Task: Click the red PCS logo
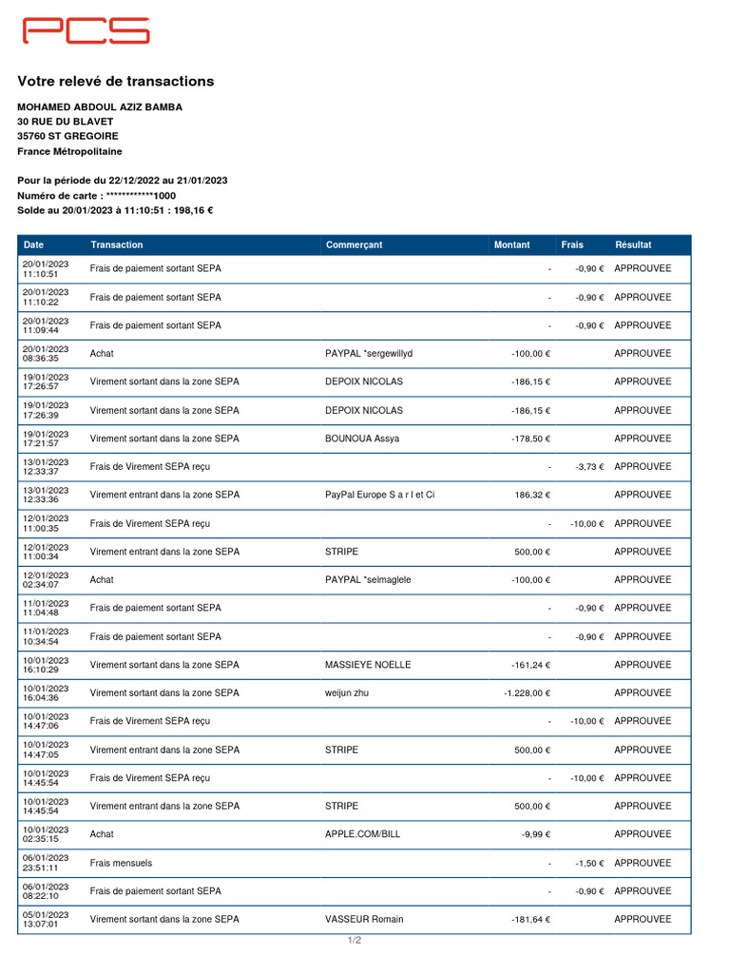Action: (86, 30)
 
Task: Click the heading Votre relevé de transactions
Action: (115, 82)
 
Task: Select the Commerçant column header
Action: (354, 245)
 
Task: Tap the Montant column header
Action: (511, 245)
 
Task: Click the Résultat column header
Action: (633, 245)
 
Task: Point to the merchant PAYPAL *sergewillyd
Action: (369, 354)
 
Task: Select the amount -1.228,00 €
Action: (527, 693)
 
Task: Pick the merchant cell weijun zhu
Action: (346, 693)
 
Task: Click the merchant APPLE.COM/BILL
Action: (362, 834)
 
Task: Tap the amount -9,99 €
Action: (535, 834)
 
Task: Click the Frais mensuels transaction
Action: (121, 863)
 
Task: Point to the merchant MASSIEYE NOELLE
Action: (368, 665)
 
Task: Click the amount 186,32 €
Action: (532, 496)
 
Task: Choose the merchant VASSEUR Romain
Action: (364, 920)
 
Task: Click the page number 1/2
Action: (354, 941)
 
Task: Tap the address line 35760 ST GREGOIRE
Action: (67, 136)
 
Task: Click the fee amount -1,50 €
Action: (588, 863)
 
